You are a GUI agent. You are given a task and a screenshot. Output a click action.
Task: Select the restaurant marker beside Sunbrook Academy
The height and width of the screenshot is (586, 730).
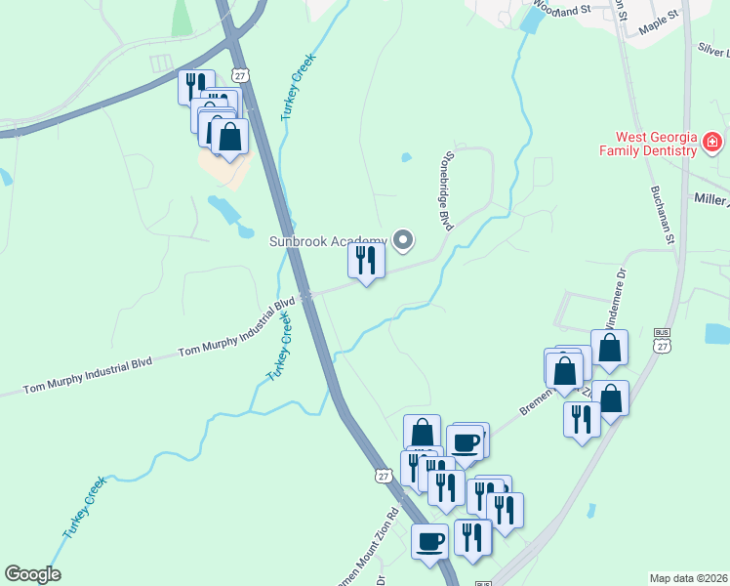pos(367,261)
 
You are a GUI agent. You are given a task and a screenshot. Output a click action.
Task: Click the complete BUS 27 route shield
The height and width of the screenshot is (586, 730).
pos(663,340)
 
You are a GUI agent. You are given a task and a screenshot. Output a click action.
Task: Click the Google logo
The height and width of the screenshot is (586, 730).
pos(32,574)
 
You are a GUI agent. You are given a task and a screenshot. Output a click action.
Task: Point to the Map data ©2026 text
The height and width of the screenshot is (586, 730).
pos(688,578)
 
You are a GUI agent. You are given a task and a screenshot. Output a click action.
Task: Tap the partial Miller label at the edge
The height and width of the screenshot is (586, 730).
pos(711,199)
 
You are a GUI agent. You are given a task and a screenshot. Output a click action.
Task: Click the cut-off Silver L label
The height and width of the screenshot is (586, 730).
pos(713,50)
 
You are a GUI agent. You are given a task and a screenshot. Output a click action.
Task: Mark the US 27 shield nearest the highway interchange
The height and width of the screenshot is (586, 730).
pos(240,74)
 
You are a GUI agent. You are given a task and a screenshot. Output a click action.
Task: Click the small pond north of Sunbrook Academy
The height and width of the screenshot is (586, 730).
pos(405,157)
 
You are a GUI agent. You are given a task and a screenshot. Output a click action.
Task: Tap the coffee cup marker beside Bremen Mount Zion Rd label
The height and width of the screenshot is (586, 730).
pos(429,541)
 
